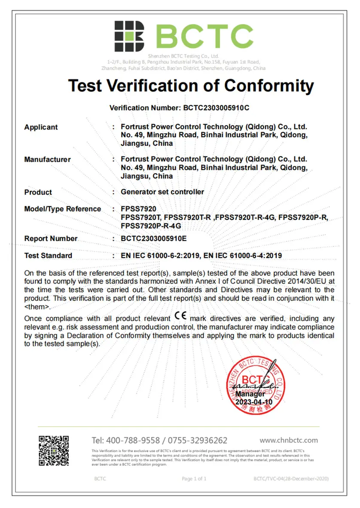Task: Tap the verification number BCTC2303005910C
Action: (216, 108)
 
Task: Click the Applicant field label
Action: (41, 127)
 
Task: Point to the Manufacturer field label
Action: (47, 159)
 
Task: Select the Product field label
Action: (38, 192)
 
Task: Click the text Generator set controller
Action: (162, 192)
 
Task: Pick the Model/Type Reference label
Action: (63, 209)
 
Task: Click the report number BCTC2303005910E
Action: (154, 239)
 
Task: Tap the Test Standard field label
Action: (48, 255)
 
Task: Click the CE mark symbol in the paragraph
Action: (181, 318)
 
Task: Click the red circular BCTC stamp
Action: (256, 385)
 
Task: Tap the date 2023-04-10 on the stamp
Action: (254, 402)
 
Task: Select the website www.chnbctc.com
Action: (289, 440)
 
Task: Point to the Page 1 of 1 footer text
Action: (194, 478)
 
